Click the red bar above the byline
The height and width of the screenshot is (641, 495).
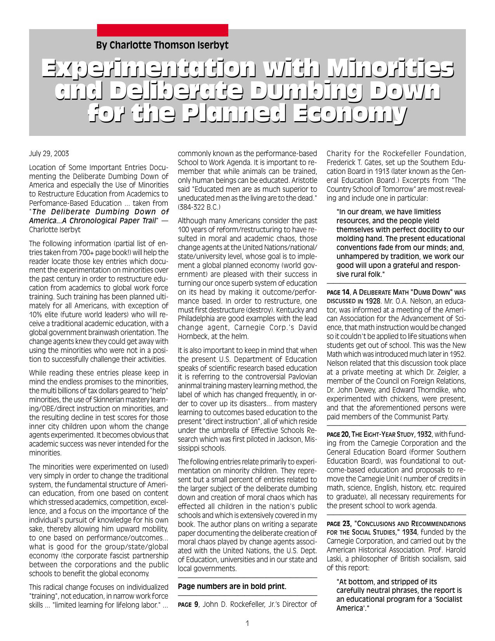pyautogui.click(x=162, y=30)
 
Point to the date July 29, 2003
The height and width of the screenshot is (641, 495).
pyautogui.click(x=49, y=153)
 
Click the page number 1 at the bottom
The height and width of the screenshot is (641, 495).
pyautogui.click(x=247, y=624)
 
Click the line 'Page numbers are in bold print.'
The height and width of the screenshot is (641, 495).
pyautogui.click(x=232, y=586)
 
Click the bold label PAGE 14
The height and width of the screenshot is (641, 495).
pyautogui.click(x=338, y=292)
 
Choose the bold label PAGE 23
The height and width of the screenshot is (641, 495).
pyautogui.click(x=338, y=523)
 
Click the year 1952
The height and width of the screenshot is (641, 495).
pyautogui.click(x=458, y=354)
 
